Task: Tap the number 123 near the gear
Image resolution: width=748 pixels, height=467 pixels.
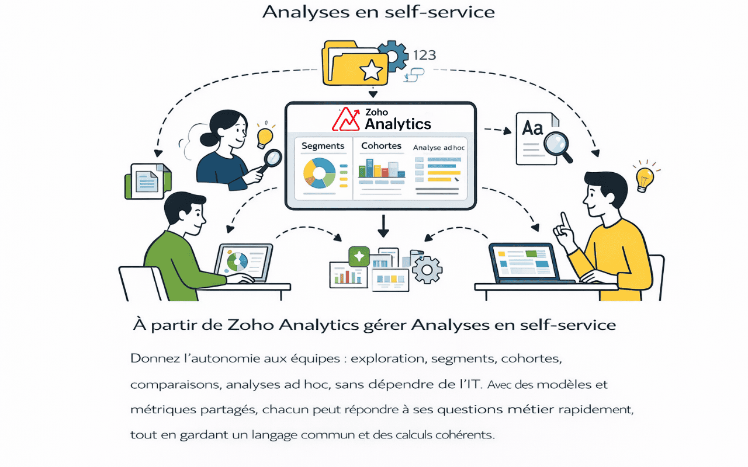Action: pos(424,55)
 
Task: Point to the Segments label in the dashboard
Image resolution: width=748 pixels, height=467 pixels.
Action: pos(323,146)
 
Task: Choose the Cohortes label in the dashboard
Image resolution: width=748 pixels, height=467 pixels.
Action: pos(381,146)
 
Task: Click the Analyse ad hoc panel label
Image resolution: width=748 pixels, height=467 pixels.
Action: pos(439,148)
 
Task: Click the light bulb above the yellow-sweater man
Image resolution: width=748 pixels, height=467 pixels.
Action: pos(645,179)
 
